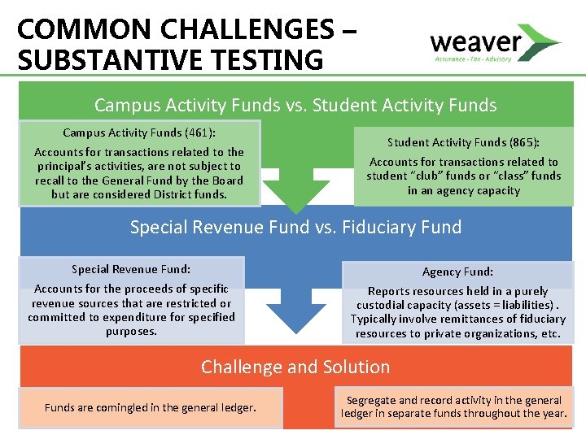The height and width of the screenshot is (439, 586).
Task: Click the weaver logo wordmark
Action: click(475, 41)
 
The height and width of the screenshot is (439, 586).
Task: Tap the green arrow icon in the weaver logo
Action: click(542, 40)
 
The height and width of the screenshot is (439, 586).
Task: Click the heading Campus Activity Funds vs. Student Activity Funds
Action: click(295, 105)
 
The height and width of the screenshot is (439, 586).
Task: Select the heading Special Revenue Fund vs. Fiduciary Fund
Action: click(295, 227)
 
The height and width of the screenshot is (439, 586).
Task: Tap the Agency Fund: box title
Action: click(457, 272)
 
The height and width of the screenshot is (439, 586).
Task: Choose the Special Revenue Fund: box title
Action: click(131, 269)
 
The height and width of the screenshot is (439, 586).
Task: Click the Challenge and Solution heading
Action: click(295, 367)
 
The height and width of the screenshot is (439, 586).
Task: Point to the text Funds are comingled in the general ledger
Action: click(150, 407)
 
